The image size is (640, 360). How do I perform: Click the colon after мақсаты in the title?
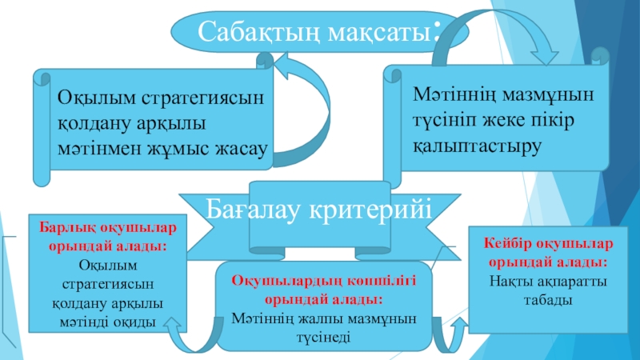click(x=435, y=32)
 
